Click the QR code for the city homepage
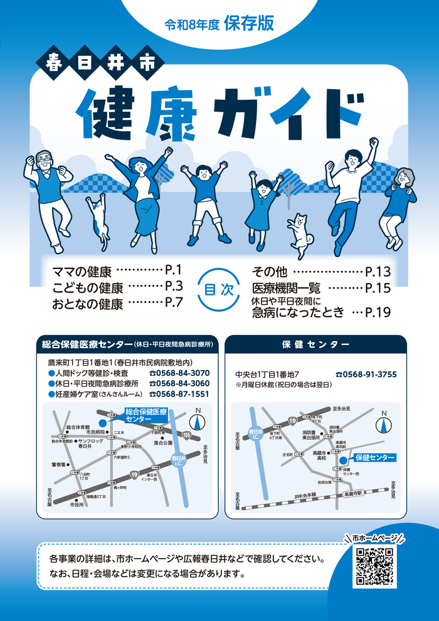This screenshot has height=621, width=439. [374, 567]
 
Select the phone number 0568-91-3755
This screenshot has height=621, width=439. [366, 374]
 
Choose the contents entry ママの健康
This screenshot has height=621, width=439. [82, 272]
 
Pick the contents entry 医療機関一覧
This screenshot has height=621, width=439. [286, 289]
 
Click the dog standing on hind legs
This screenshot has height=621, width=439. [299, 233]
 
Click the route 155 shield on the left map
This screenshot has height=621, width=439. [187, 434]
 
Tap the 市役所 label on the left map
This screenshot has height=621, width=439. [77, 504]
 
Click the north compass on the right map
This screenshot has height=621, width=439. [383, 423]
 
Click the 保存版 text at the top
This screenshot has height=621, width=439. [248, 23]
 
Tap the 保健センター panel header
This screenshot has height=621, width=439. [315, 344]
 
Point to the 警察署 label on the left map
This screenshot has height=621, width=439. [58, 465]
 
